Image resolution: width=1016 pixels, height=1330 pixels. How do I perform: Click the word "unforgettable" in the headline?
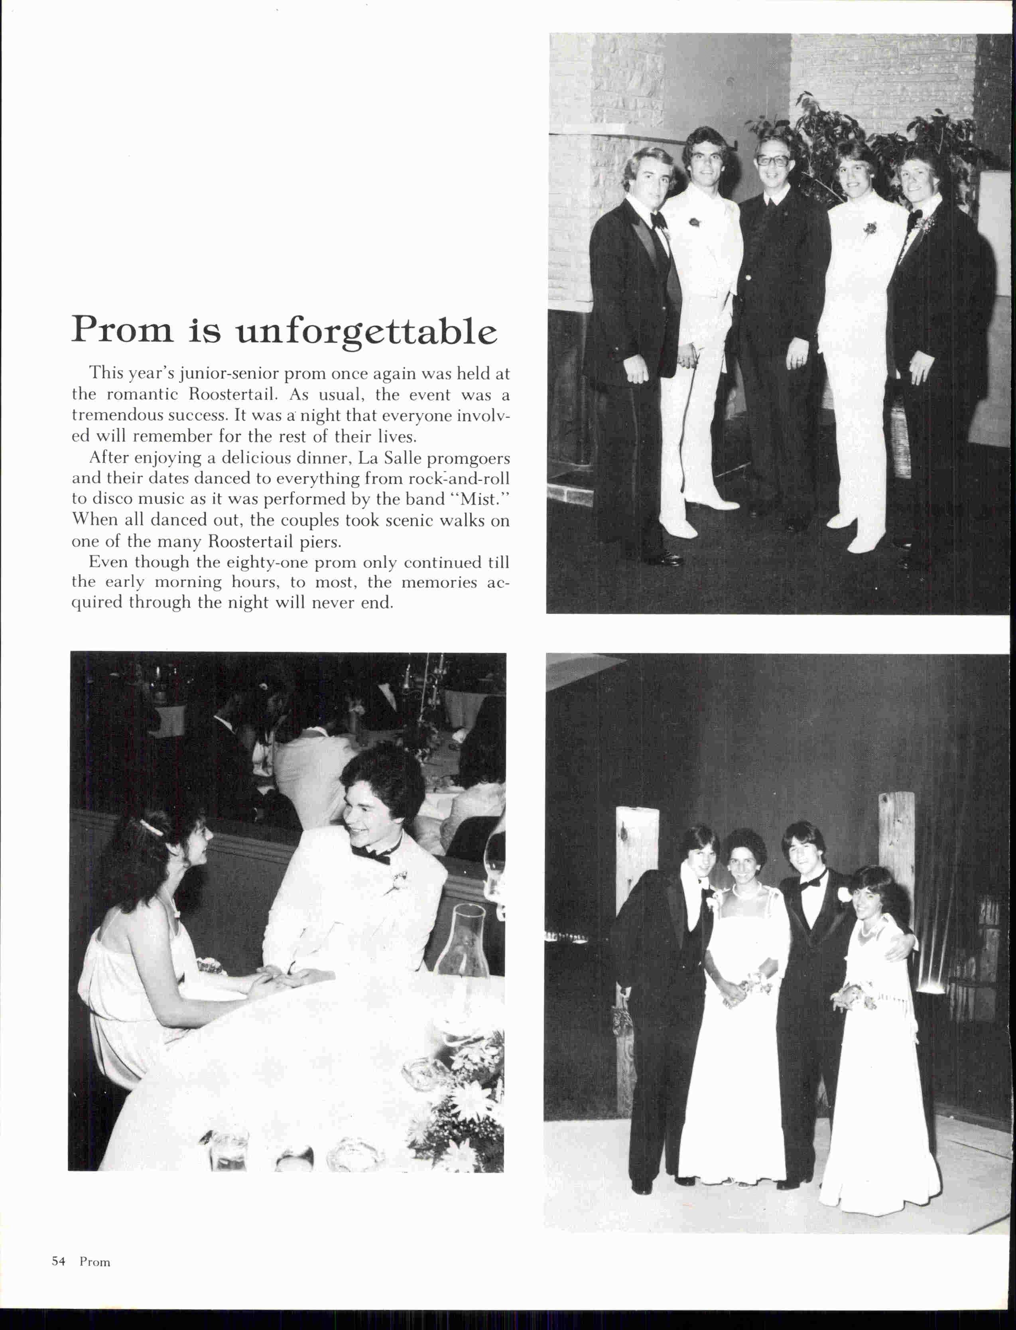(366, 331)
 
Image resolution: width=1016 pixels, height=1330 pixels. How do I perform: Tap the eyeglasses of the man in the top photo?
(772, 161)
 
